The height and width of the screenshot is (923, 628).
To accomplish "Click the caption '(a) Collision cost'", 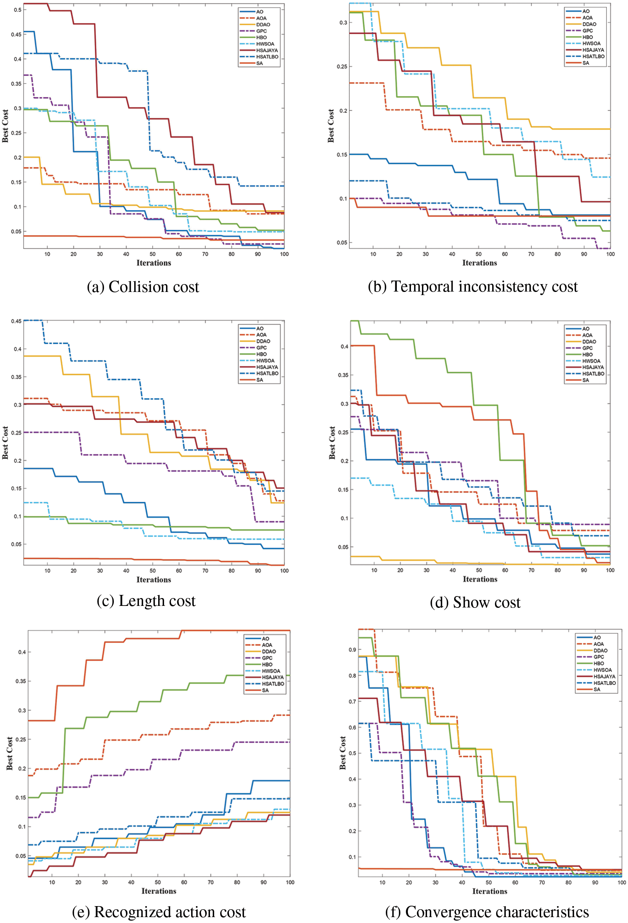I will point(143,287).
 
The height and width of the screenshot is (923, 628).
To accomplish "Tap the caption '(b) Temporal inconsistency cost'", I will point(473,286).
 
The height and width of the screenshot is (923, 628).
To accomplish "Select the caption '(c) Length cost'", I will point(146,601).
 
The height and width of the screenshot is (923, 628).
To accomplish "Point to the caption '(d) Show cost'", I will point(475,602).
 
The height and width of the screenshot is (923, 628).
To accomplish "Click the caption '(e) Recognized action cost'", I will point(159,912).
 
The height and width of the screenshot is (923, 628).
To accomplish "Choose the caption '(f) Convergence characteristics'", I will point(487,912).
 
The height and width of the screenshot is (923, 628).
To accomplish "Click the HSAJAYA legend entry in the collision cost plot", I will point(267,50).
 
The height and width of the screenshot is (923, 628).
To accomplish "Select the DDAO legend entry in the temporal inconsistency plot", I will point(589,24).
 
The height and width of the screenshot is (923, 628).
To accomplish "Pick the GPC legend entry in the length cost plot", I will point(261,347).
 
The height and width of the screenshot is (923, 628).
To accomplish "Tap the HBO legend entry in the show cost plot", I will point(587,354).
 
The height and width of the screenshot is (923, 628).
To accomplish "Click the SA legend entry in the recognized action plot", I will point(265,690).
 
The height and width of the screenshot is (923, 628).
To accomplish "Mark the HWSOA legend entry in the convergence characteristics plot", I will point(602,670).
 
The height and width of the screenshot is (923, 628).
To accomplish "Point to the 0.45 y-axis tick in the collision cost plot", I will point(16,35).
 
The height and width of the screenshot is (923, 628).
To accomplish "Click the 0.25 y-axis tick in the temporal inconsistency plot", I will point(342,66).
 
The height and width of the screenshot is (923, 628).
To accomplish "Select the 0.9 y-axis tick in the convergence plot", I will point(352,650).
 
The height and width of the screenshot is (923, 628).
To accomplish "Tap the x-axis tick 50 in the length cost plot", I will point(153,571).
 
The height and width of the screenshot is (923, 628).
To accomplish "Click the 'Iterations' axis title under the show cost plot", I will point(480,579).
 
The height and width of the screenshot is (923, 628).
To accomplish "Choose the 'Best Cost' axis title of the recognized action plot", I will point(9,753).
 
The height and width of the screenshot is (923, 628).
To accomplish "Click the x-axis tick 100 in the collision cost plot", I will point(284,254).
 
